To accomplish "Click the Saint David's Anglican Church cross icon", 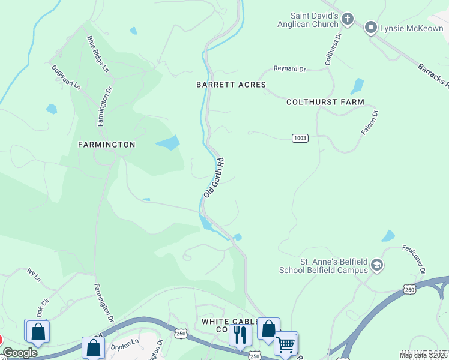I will [347, 20].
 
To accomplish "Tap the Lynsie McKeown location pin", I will [371, 28].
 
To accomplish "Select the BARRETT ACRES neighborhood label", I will [231, 85].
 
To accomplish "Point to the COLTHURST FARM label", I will [325, 102].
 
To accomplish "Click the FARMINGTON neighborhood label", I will [106, 145].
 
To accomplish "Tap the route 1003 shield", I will [300, 138].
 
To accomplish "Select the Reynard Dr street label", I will [289, 69].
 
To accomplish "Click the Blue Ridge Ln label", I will [98, 55].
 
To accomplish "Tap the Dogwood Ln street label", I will [66, 77].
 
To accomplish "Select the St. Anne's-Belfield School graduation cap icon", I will [377, 265].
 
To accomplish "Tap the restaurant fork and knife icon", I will [240, 334].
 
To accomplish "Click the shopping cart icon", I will [286, 343].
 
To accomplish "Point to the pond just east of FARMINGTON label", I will [167, 143].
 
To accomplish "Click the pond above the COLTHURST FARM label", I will [357, 86].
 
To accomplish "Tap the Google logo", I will [19, 353].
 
